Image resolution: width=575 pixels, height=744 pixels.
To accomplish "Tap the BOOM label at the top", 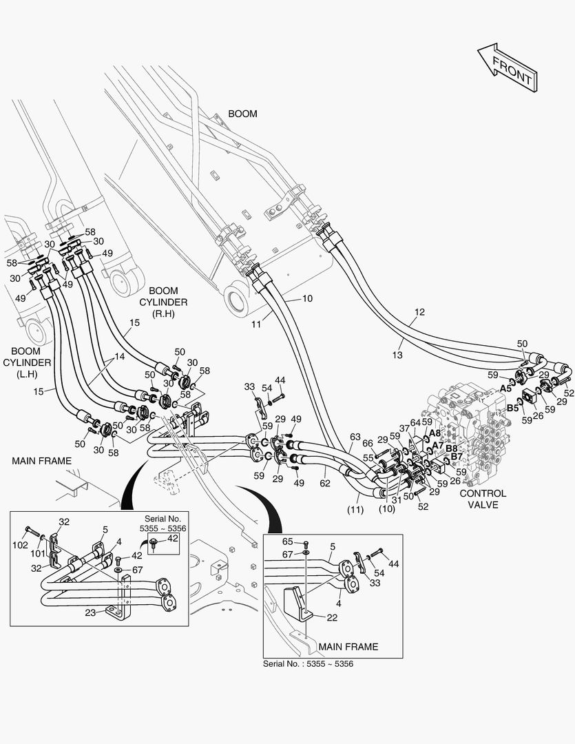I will click(x=242, y=114).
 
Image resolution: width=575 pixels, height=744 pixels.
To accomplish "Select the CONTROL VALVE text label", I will click(x=482, y=499).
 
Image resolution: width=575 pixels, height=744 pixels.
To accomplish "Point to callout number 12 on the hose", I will click(x=419, y=312).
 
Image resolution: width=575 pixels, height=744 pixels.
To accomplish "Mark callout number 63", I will click(x=355, y=437).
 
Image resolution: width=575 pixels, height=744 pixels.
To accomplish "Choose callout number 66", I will click(x=368, y=444).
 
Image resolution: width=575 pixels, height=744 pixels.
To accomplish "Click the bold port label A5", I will click(x=506, y=389).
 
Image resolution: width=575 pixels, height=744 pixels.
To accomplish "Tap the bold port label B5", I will click(x=512, y=408).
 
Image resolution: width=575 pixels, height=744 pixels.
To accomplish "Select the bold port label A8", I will click(x=435, y=433).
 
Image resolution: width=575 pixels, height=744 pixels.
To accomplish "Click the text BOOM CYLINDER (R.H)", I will click(x=164, y=302).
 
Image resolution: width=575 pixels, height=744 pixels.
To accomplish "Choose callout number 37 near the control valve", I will click(x=404, y=429).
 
